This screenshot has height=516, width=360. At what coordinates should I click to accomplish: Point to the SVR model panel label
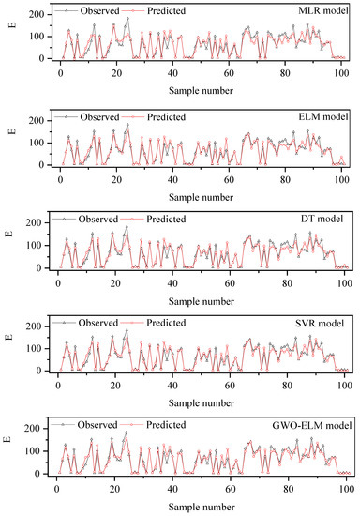coord(324,324)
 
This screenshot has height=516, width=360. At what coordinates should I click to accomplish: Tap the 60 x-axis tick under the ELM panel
coord(231,176)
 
